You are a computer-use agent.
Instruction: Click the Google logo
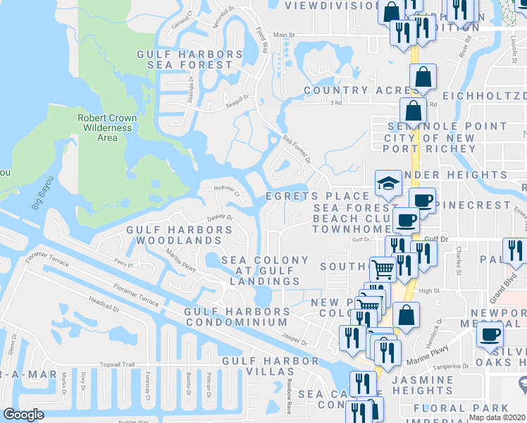click(x=23, y=415)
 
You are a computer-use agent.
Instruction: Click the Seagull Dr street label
click(x=237, y=100)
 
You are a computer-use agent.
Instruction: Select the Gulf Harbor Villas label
click(x=267, y=360)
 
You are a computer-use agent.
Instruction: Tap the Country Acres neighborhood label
click(x=356, y=90)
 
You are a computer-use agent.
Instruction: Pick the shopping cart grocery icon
click(x=382, y=269)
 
